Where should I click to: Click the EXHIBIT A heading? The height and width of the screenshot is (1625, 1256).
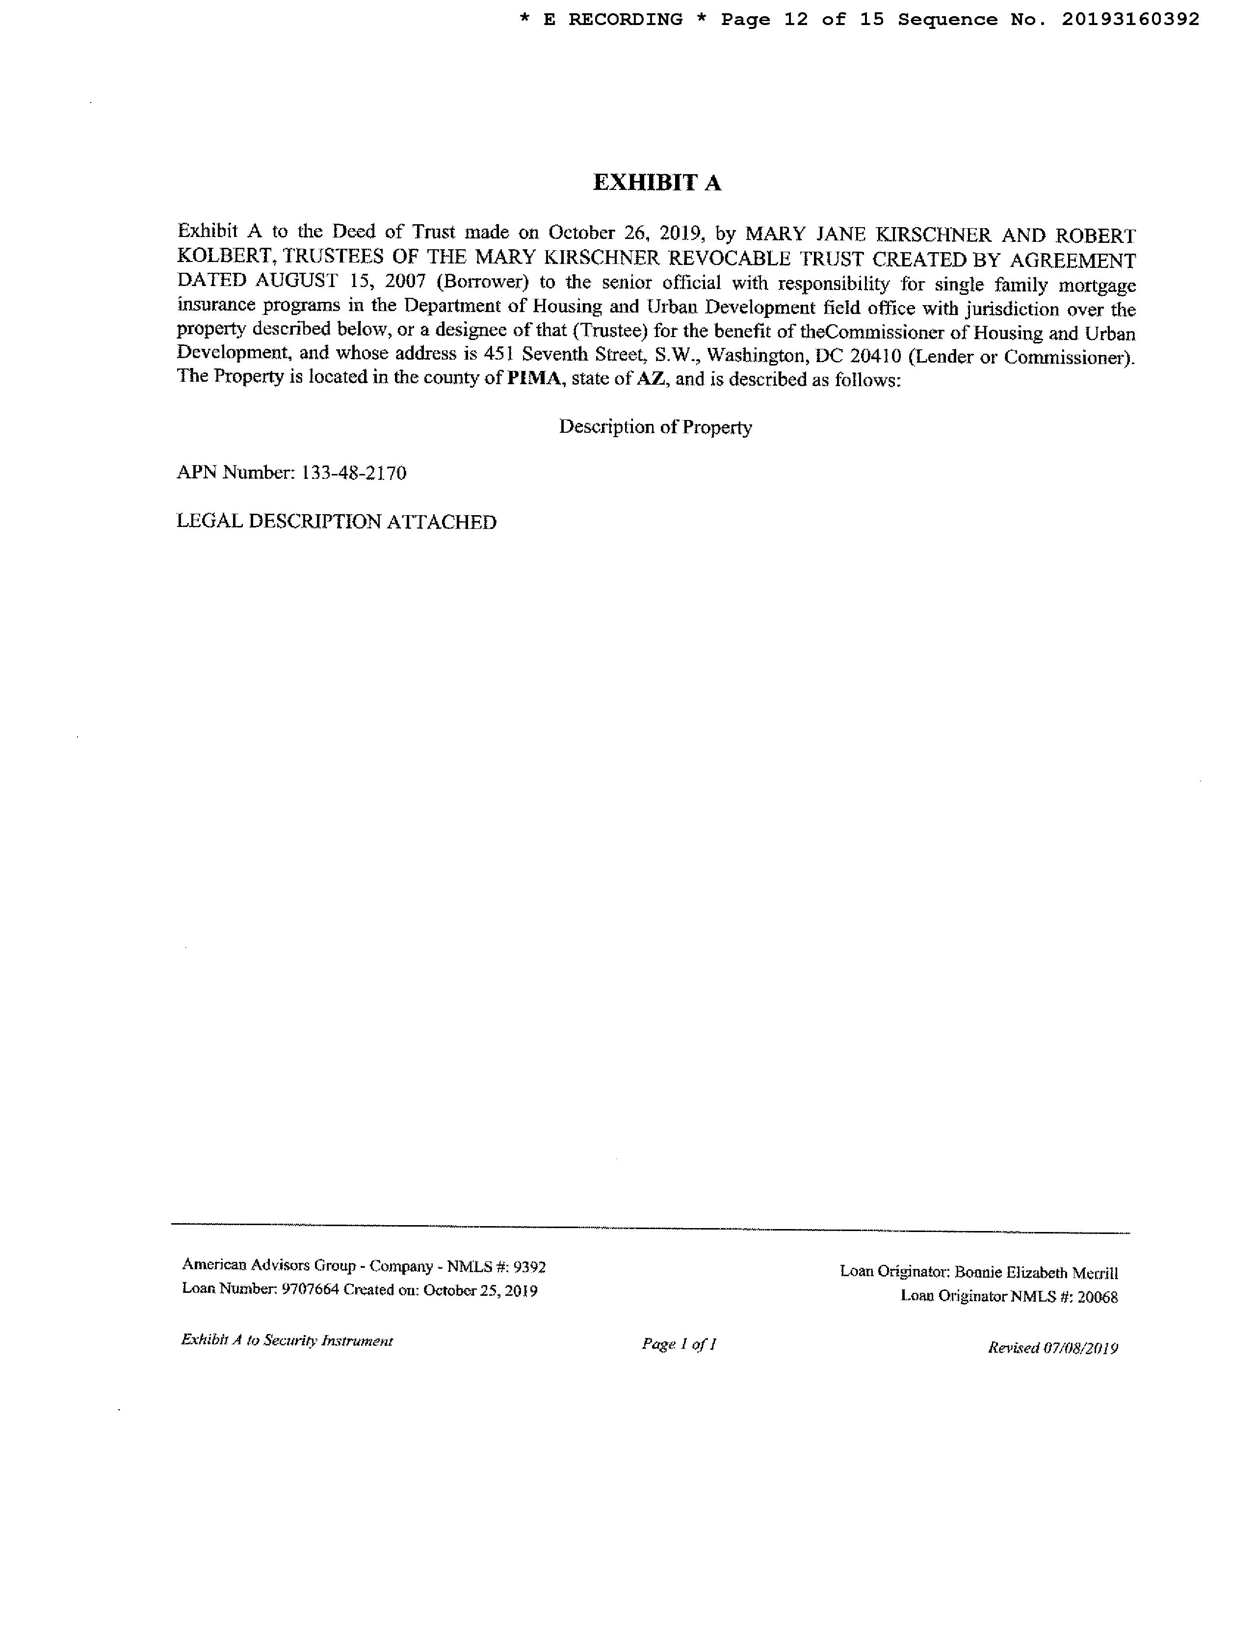coord(656,183)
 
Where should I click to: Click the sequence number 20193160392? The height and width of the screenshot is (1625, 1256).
coord(1130,19)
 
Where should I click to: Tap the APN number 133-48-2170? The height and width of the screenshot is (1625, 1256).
coord(353,473)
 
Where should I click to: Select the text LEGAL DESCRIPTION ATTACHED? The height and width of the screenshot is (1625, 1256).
coord(336,522)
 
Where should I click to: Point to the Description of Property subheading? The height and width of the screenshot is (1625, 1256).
coord(655,427)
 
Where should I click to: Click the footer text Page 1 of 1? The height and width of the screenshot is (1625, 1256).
coord(679,1344)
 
